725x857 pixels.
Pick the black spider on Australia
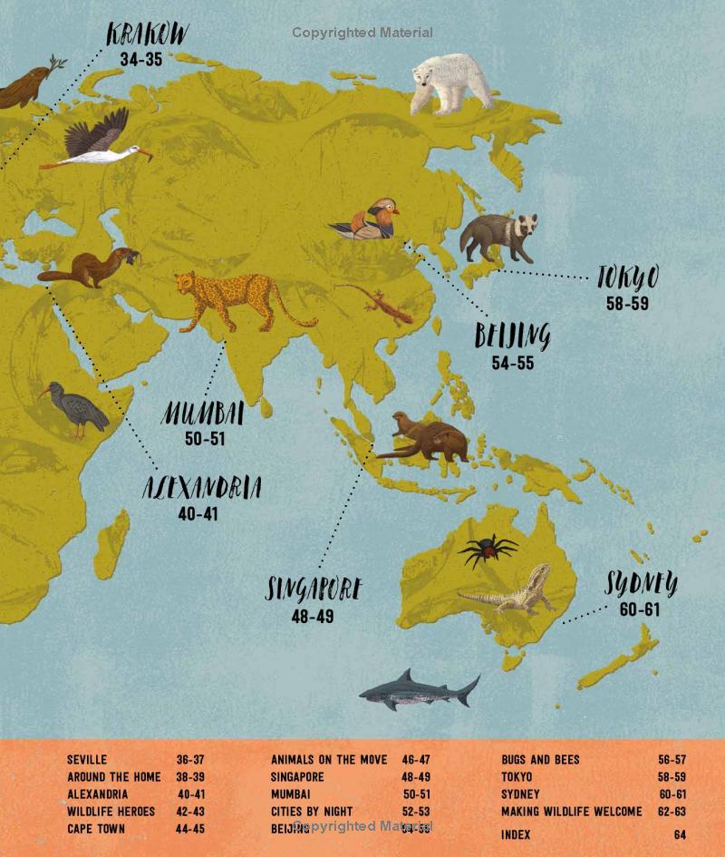488,550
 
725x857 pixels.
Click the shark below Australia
419,691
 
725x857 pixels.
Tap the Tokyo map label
627,278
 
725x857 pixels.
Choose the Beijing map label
512,336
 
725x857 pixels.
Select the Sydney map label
641,584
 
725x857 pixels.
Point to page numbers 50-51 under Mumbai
205,439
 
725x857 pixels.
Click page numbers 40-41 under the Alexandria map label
198,513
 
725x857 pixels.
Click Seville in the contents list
87,760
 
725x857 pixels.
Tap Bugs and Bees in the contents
540,760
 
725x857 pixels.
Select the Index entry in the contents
516,834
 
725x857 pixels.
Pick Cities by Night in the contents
312,812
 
